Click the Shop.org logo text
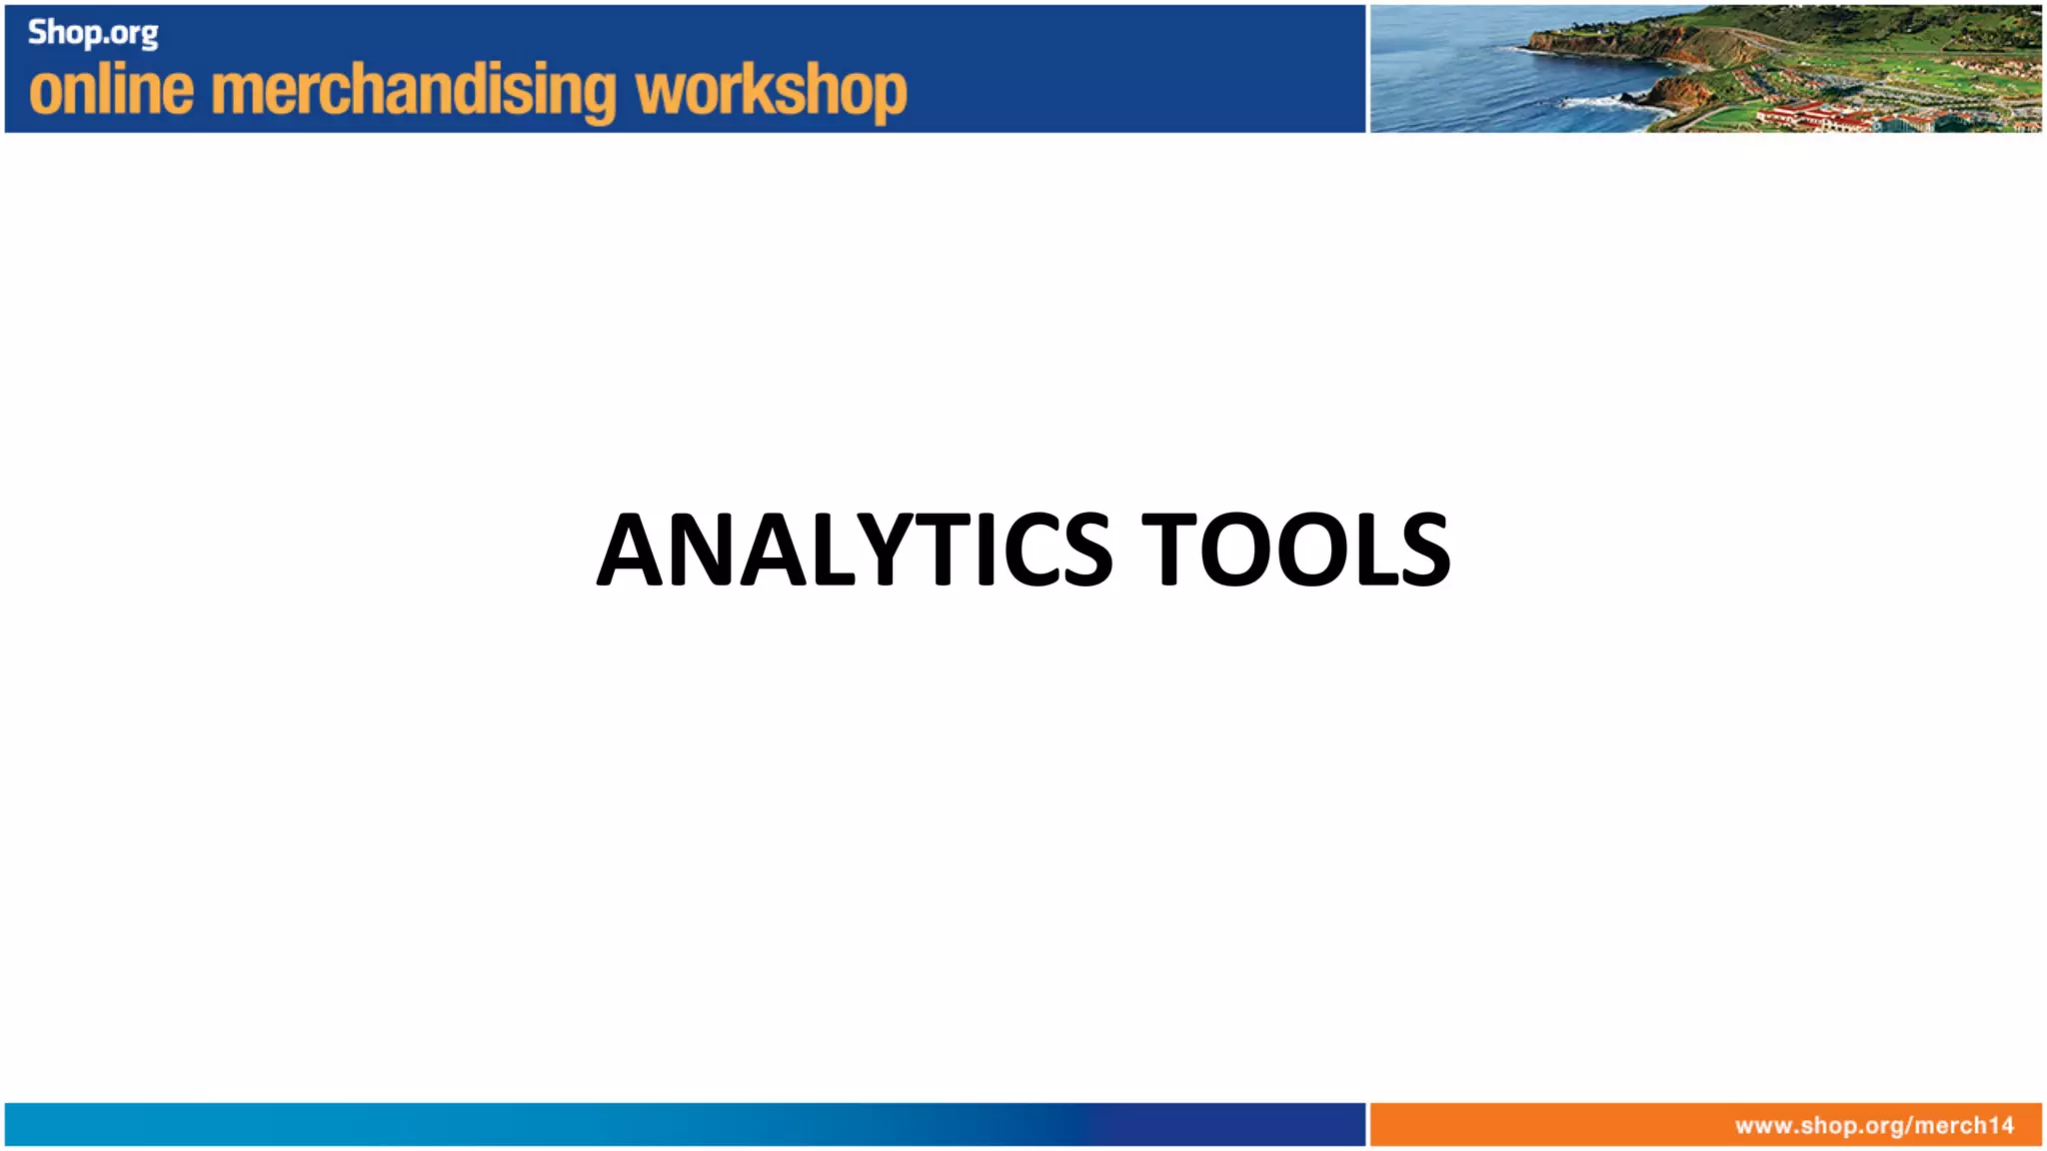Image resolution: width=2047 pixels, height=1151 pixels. [93, 33]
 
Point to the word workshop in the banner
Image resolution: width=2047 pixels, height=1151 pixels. [771, 92]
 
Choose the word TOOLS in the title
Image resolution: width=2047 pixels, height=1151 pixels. [1295, 549]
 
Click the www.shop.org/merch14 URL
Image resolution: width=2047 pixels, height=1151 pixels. [1874, 1126]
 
